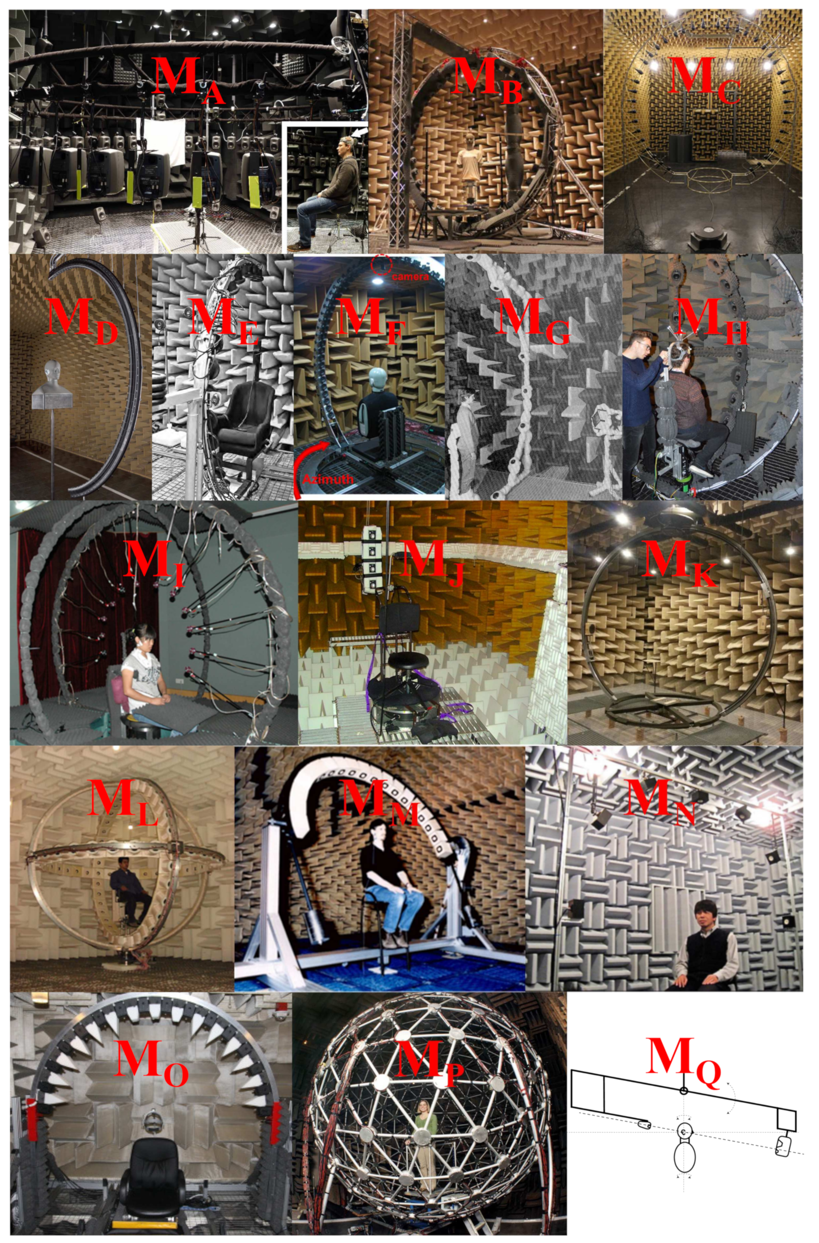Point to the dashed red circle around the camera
click(x=384, y=265)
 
